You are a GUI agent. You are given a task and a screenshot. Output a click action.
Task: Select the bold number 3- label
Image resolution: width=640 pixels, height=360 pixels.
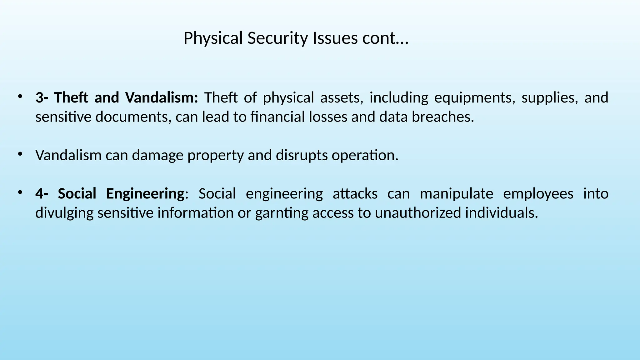(42, 97)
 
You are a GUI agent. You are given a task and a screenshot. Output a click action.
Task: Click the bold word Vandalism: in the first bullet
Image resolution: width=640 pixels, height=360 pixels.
(162, 97)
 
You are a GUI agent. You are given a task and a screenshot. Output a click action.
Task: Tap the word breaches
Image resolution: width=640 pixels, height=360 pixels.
(442, 117)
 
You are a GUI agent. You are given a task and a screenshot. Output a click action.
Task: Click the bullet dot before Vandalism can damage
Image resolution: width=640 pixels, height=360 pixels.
(20, 154)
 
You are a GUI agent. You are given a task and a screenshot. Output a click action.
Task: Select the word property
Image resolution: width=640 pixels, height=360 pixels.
(215, 155)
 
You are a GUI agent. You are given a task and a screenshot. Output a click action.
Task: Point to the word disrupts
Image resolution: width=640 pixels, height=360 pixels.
(302, 155)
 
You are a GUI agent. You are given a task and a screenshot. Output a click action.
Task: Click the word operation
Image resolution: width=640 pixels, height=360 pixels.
(365, 155)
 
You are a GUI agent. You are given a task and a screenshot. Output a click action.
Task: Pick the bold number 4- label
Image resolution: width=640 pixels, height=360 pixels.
(42, 193)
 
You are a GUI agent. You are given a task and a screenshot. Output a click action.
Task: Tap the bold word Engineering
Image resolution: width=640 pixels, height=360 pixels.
(145, 193)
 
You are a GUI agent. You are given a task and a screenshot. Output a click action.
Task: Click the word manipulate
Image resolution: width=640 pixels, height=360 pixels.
(456, 193)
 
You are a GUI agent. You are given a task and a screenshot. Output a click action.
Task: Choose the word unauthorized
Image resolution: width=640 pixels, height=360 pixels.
(418, 213)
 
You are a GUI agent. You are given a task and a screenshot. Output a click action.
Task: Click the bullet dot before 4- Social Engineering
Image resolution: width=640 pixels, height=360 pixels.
(20, 192)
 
